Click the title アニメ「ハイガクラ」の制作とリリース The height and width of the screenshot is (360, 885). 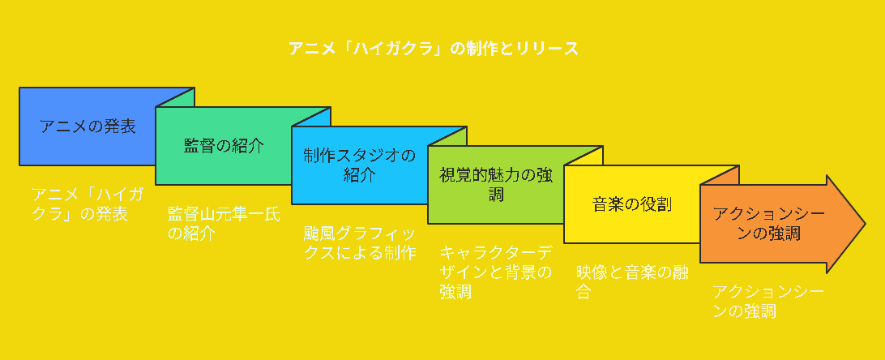(x=434, y=49)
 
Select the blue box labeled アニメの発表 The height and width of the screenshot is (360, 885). (x=88, y=126)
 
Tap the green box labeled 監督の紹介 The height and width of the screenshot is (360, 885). (x=224, y=147)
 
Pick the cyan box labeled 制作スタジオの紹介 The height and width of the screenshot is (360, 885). (x=359, y=165)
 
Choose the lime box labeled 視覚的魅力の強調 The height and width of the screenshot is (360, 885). (x=496, y=185)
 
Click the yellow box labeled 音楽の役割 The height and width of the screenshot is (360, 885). (x=632, y=204)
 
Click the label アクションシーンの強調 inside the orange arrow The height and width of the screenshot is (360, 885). (x=758, y=223)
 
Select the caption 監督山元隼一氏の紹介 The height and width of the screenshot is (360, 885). (x=224, y=224)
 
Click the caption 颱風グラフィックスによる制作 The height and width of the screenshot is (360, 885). (x=359, y=242)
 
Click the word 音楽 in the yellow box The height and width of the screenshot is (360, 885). (x=608, y=204)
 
